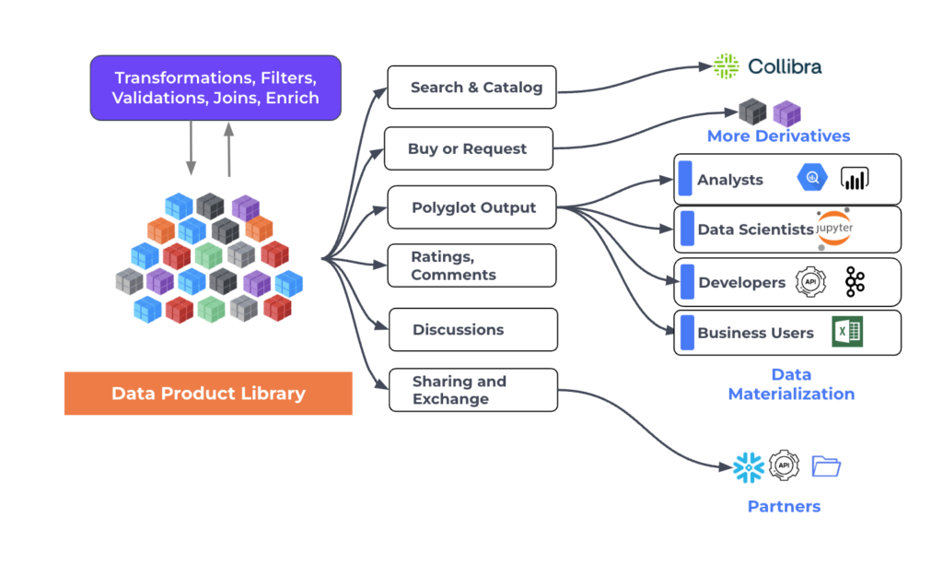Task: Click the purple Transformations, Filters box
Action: click(x=215, y=88)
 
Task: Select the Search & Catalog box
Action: click(x=472, y=88)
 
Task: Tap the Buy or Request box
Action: click(x=469, y=148)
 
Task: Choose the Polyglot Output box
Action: click(x=472, y=207)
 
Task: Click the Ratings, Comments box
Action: click(x=472, y=265)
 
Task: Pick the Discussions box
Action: click(x=473, y=330)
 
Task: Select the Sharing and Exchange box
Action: click(x=473, y=390)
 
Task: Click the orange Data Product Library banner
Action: click(x=208, y=394)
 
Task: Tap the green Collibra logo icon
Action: click(x=726, y=66)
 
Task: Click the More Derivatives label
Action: click(x=778, y=136)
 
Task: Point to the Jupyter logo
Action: click(x=834, y=228)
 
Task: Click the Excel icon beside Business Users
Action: click(x=847, y=332)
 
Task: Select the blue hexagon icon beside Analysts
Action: click(x=812, y=178)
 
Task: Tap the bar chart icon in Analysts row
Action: click(x=855, y=178)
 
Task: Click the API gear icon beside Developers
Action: click(x=810, y=282)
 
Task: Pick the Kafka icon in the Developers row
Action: click(x=855, y=282)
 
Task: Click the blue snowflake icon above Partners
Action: click(x=749, y=467)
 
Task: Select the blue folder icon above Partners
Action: click(x=826, y=466)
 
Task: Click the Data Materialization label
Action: click(x=791, y=384)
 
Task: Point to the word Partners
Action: click(x=784, y=507)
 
